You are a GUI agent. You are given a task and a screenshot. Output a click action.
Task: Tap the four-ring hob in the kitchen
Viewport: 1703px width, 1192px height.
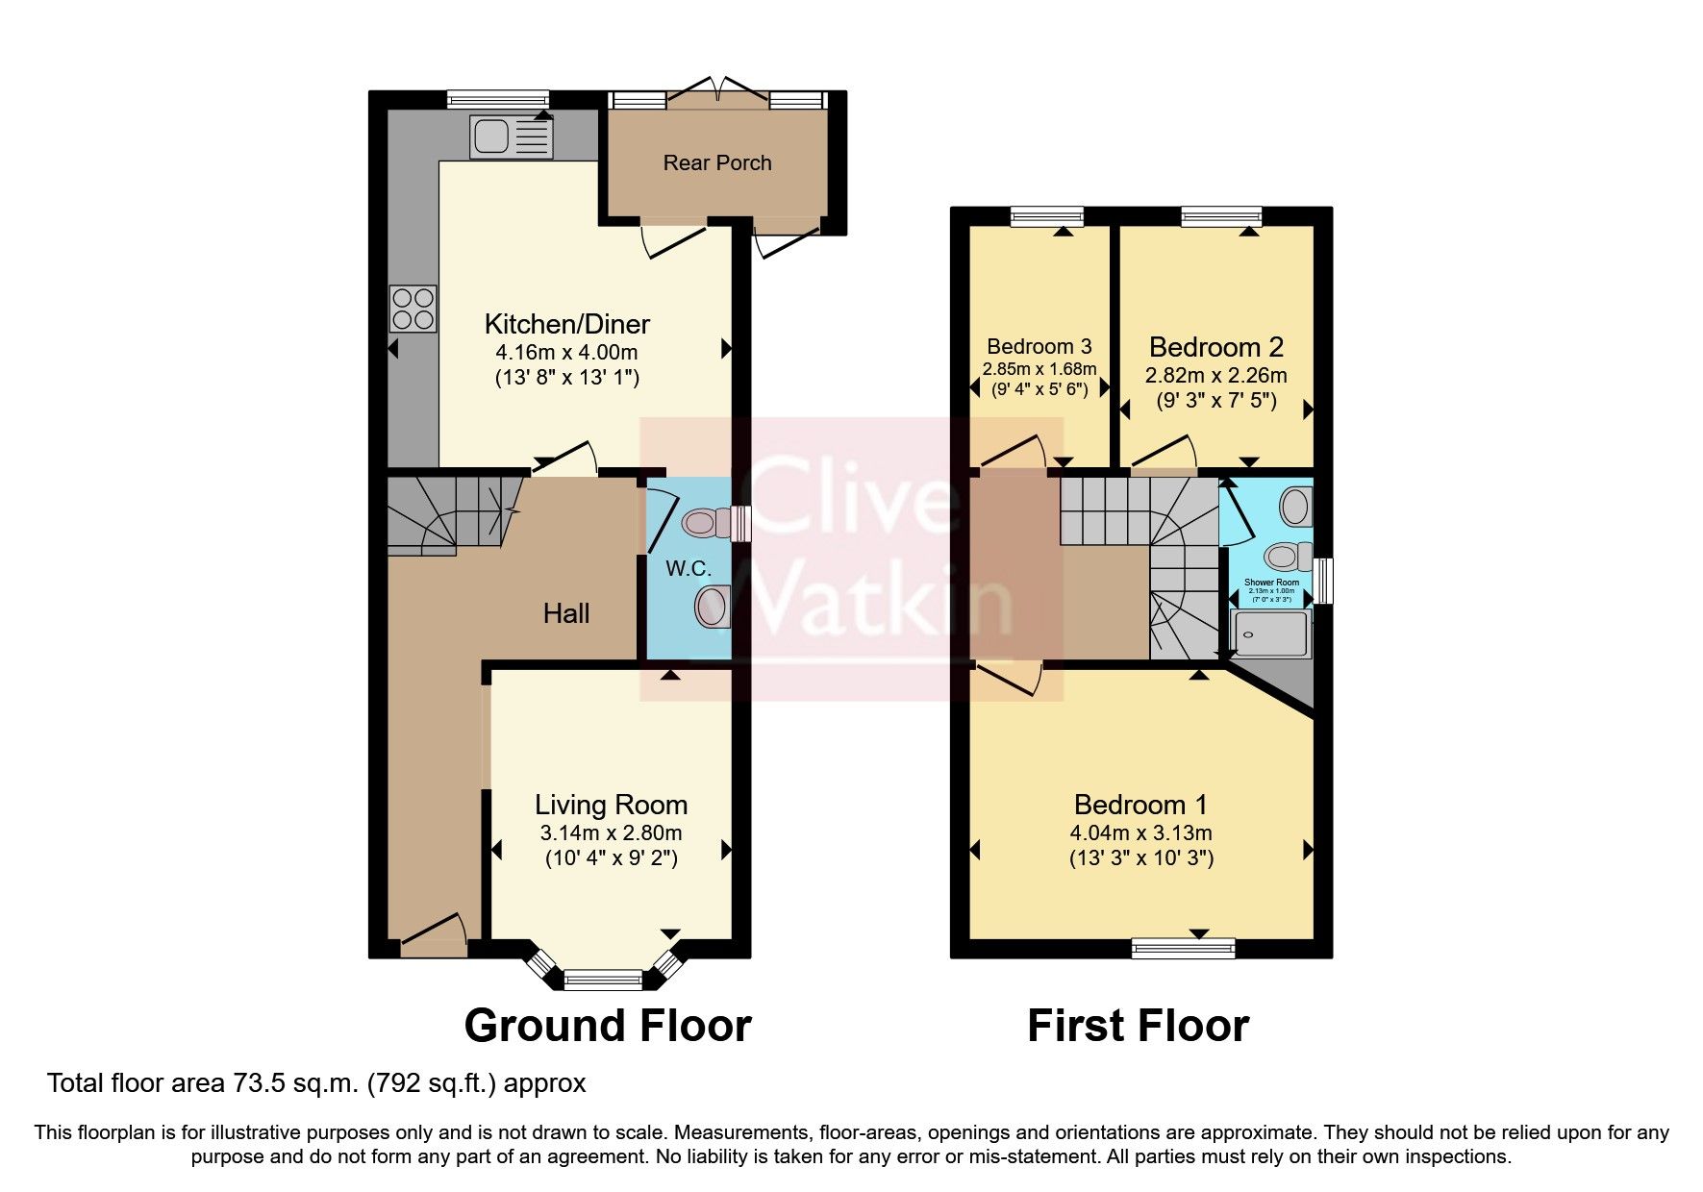coord(413,309)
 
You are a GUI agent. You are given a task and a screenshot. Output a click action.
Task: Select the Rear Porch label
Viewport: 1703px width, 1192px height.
coord(717,163)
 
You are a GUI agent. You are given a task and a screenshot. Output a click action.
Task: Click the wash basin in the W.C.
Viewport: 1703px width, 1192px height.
coord(711,607)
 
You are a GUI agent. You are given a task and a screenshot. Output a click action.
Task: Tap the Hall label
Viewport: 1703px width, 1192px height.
coord(565,613)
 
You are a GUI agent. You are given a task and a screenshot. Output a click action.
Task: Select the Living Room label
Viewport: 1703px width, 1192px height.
coord(611,805)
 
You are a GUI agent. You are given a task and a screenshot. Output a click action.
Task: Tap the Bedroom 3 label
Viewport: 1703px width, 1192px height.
coord(1039,346)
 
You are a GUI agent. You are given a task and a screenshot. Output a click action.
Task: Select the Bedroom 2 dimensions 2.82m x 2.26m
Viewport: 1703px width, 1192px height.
coord(1215,375)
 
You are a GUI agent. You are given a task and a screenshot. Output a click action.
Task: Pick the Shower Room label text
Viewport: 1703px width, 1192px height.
coord(1271,583)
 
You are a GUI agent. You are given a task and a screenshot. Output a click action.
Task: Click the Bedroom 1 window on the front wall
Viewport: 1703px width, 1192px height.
coord(1183,950)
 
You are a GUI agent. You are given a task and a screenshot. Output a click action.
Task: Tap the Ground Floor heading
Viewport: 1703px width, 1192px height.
coord(607,1026)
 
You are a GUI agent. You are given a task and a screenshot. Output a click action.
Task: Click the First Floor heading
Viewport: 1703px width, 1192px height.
coord(1138,1026)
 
